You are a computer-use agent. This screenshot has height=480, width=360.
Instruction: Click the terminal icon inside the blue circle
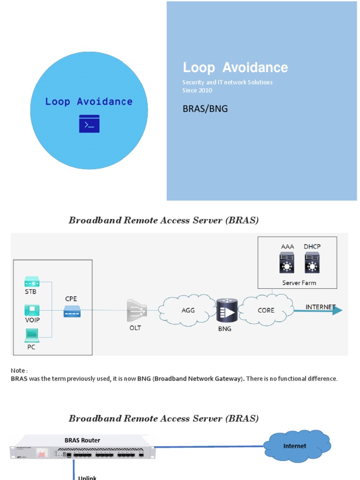point(89,124)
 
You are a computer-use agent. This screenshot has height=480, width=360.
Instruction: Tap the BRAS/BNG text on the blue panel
point(205,109)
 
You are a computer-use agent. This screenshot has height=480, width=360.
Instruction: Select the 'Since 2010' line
point(197,90)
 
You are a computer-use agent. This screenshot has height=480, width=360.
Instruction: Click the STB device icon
point(32,282)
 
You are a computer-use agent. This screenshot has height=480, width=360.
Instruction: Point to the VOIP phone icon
point(32,310)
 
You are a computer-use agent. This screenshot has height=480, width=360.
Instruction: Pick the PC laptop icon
point(32,334)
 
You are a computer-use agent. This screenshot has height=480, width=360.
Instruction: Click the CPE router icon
point(72,311)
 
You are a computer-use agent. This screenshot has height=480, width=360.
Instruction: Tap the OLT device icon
point(136,311)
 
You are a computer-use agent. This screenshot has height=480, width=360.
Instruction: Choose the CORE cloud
point(266,310)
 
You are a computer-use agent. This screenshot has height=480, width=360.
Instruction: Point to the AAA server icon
point(286,262)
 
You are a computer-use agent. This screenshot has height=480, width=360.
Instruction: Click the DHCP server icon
point(312,262)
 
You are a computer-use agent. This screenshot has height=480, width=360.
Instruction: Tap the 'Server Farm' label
point(299,283)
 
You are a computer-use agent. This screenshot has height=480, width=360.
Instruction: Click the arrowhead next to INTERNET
point(337,310)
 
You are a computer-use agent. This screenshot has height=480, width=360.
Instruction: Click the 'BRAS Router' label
point(82,440)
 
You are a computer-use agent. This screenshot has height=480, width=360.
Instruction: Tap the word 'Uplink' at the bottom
point(87,477)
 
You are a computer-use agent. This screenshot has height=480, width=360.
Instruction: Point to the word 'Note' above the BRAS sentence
point(18,370)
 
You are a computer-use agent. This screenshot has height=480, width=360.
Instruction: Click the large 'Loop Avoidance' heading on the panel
point(235,67)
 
